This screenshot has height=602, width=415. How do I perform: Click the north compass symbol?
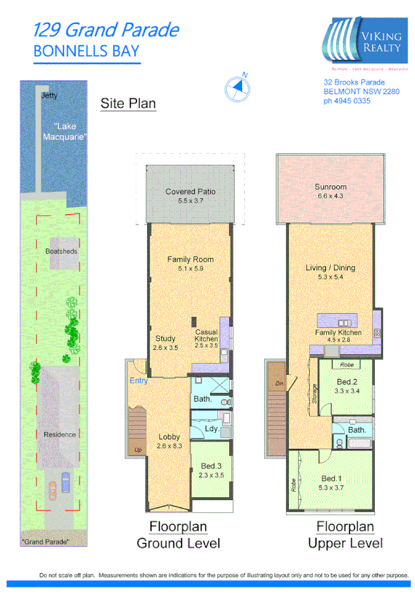point(238,87)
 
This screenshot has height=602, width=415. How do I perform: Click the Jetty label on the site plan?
point(49,95)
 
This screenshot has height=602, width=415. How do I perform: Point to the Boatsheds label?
point(61,251)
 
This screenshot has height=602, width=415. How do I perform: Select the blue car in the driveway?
point(66,482)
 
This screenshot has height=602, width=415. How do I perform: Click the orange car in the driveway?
point(53,491)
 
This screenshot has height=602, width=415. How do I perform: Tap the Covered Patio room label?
point(190,192)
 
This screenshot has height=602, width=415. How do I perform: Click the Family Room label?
point(190,259)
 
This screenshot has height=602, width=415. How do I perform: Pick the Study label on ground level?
point(166,338)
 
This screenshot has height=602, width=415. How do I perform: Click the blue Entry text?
point(139,381)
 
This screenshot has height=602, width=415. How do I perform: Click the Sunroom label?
point(330,187)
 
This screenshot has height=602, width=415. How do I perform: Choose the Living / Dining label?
point(330,267)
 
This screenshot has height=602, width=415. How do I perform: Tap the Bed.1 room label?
point(330,479)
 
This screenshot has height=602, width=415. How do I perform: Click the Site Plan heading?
point(128,103)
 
